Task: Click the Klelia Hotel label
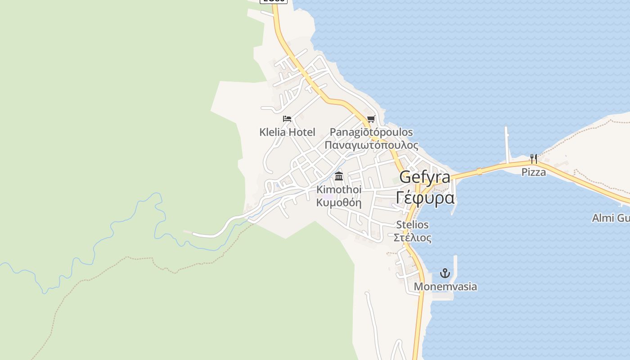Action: point(287,132)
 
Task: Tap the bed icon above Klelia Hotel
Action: point(287,119)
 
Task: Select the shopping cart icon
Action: point(371,119)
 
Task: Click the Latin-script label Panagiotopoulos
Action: point(371,132)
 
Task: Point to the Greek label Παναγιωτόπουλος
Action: point(371,145)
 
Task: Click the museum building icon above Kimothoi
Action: point(339,176)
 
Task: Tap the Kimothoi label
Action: point(339,189)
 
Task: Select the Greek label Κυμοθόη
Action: point(339,202)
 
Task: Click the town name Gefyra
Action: point(425,177)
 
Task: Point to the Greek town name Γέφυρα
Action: point(425,198)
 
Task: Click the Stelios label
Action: point(412,225)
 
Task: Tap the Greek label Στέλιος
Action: point(412,238)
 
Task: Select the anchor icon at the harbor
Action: point(445,273)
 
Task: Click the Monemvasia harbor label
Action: point(445,287)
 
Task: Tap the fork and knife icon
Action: point(534,158)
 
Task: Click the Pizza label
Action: point(534,172)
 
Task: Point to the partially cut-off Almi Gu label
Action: point(610,218)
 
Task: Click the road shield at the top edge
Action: point(274,1)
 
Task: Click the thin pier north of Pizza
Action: point(507,144)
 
